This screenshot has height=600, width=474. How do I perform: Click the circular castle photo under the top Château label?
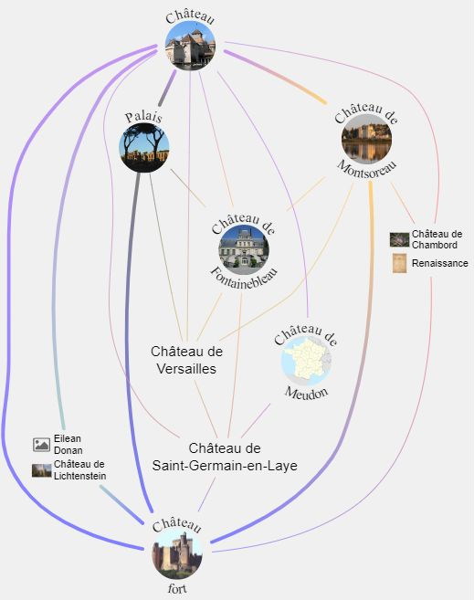pyautogui.click(x=190, y=46)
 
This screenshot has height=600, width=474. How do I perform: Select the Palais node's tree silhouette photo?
pyautogui.click(x=144, y=147)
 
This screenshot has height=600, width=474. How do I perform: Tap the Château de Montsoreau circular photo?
pyautogui.click(x=366, y=139)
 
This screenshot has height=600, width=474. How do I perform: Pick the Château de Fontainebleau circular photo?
pyautogui.click(x=244, y=250)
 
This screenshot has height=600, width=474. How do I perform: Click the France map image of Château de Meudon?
pyautogui.click(x=306, y=361)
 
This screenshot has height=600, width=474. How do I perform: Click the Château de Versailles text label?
pyautogui.click(x=186, y=360)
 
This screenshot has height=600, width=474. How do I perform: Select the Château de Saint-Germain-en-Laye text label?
pyautogui.click(x=225, y=457)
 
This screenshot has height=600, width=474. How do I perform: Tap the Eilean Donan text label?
pyautogui.click(x=68, y=444)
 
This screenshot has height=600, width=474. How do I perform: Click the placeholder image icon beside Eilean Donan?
pyautogui.click(x=41, y=444)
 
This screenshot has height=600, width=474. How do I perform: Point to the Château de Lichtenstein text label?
pyautogui.click(x=79, y=470)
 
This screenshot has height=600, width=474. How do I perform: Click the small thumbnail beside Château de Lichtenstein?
pyautogui.click(x=41, y=470)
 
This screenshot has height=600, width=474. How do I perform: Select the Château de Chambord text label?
pyautogui.click(x=437, y=239)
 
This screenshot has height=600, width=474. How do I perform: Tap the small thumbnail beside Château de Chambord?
pyautogui.click(x=399, y=239)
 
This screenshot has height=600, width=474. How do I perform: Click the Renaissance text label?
pyautogui.click(x=440, y=263)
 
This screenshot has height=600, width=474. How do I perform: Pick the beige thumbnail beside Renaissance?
pyautogui.click(x=399, y=263)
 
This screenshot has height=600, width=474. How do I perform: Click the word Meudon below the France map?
pyautogui.click(x=306, y=393)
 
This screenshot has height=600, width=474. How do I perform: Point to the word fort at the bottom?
pyautogui.click(x=177, y=588)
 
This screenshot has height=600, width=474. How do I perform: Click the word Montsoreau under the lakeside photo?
pyautogui.click(x=366, y=170)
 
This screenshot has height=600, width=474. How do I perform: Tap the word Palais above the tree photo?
pyautogui.click(x=144, y=117)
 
